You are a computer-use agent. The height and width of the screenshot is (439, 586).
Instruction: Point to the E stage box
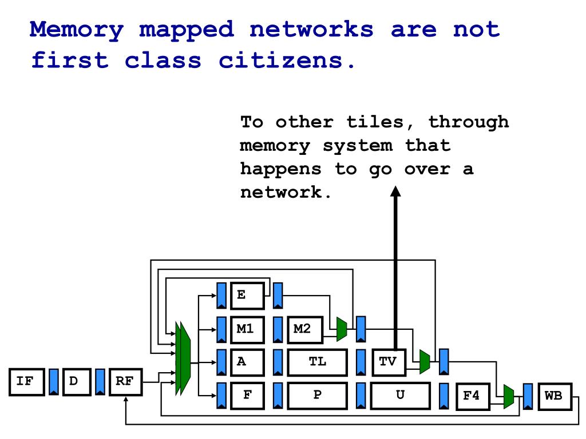coord(248,296)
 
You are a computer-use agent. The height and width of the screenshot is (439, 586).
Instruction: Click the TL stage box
coord(318,362)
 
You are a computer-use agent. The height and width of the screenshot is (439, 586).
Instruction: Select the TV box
coord(389,362)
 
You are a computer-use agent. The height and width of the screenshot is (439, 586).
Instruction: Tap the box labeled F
coord(248,396)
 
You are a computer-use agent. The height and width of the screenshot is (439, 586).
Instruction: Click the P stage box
coord(318,396)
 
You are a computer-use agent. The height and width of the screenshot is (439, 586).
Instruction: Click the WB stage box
coord(553,397)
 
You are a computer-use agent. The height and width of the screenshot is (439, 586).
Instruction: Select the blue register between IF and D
coord(54,382)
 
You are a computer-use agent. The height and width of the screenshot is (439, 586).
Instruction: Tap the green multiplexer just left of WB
coord(508,397)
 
